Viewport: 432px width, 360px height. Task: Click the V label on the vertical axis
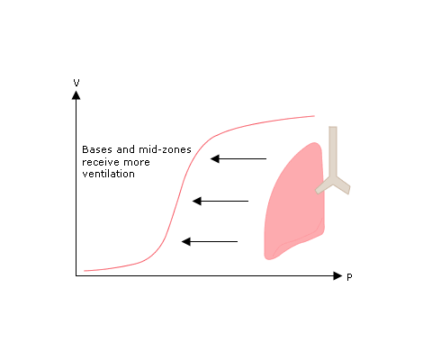[76, 83]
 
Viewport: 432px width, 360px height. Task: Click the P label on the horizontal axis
[349, 277]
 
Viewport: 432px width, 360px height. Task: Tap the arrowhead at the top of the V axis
[76, 95]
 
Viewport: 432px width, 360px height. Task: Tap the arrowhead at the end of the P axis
[337, 275]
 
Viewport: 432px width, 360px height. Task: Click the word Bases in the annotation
[98, 149]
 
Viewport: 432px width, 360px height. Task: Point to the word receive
[101, 162]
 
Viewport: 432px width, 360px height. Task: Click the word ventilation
[108, 174]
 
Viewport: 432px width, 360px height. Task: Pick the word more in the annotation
[137, 163]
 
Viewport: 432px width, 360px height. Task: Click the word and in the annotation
[126, 149]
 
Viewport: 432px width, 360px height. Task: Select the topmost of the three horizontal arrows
[238, 158]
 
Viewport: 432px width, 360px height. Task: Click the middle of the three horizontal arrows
[220, 201]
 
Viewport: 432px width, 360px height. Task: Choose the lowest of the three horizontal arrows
[210, 241]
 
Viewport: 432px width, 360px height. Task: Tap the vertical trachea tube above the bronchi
[333, 150]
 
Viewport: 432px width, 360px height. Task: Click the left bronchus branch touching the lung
[324, 186]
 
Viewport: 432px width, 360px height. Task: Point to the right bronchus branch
[342, 184]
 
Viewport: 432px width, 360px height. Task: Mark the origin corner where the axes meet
[76, 275]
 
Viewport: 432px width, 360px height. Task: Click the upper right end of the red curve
[314, 116]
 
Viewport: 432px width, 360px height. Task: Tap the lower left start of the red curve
[85, 271]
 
